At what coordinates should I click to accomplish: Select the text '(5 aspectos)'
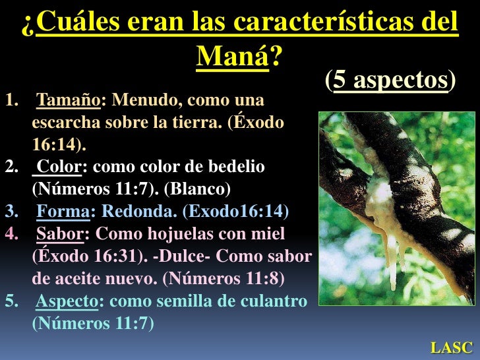point(390,80)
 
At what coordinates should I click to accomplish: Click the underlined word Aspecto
point(67,301)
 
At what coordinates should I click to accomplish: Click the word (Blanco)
point(197,189)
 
